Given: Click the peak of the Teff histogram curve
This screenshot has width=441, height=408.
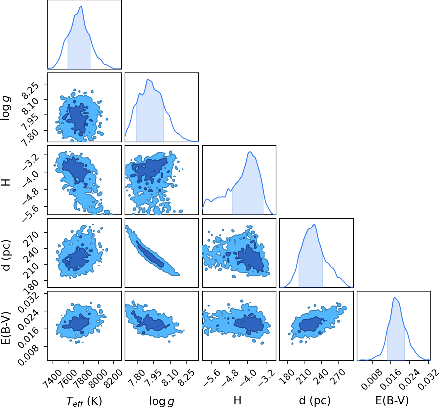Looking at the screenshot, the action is [81, 6].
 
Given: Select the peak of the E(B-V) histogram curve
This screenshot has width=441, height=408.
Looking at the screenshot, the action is [394, 297].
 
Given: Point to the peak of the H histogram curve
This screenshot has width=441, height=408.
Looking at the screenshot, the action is [250, 152].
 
